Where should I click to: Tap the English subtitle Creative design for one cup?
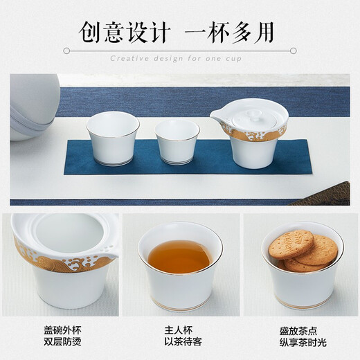click(x=180, y=58)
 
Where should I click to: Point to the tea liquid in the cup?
click(x=180, y=255)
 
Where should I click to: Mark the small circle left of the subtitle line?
click(x=66, y=51)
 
